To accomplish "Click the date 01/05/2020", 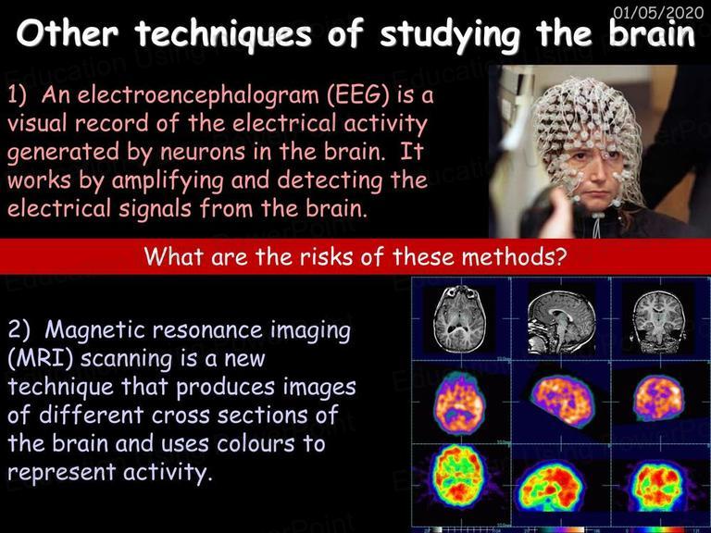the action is [x=658, y=12].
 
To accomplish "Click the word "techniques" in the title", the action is [x=223, y=34].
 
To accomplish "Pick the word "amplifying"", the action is [x=168, y=180].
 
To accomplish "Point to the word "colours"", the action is [x=256, y=443].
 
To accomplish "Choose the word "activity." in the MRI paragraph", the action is [x=168, y=472].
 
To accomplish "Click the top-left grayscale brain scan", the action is [x=459, y=319].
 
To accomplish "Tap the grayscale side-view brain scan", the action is [x=561, y=322].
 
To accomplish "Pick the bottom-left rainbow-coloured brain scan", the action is [x=458, y=477].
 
